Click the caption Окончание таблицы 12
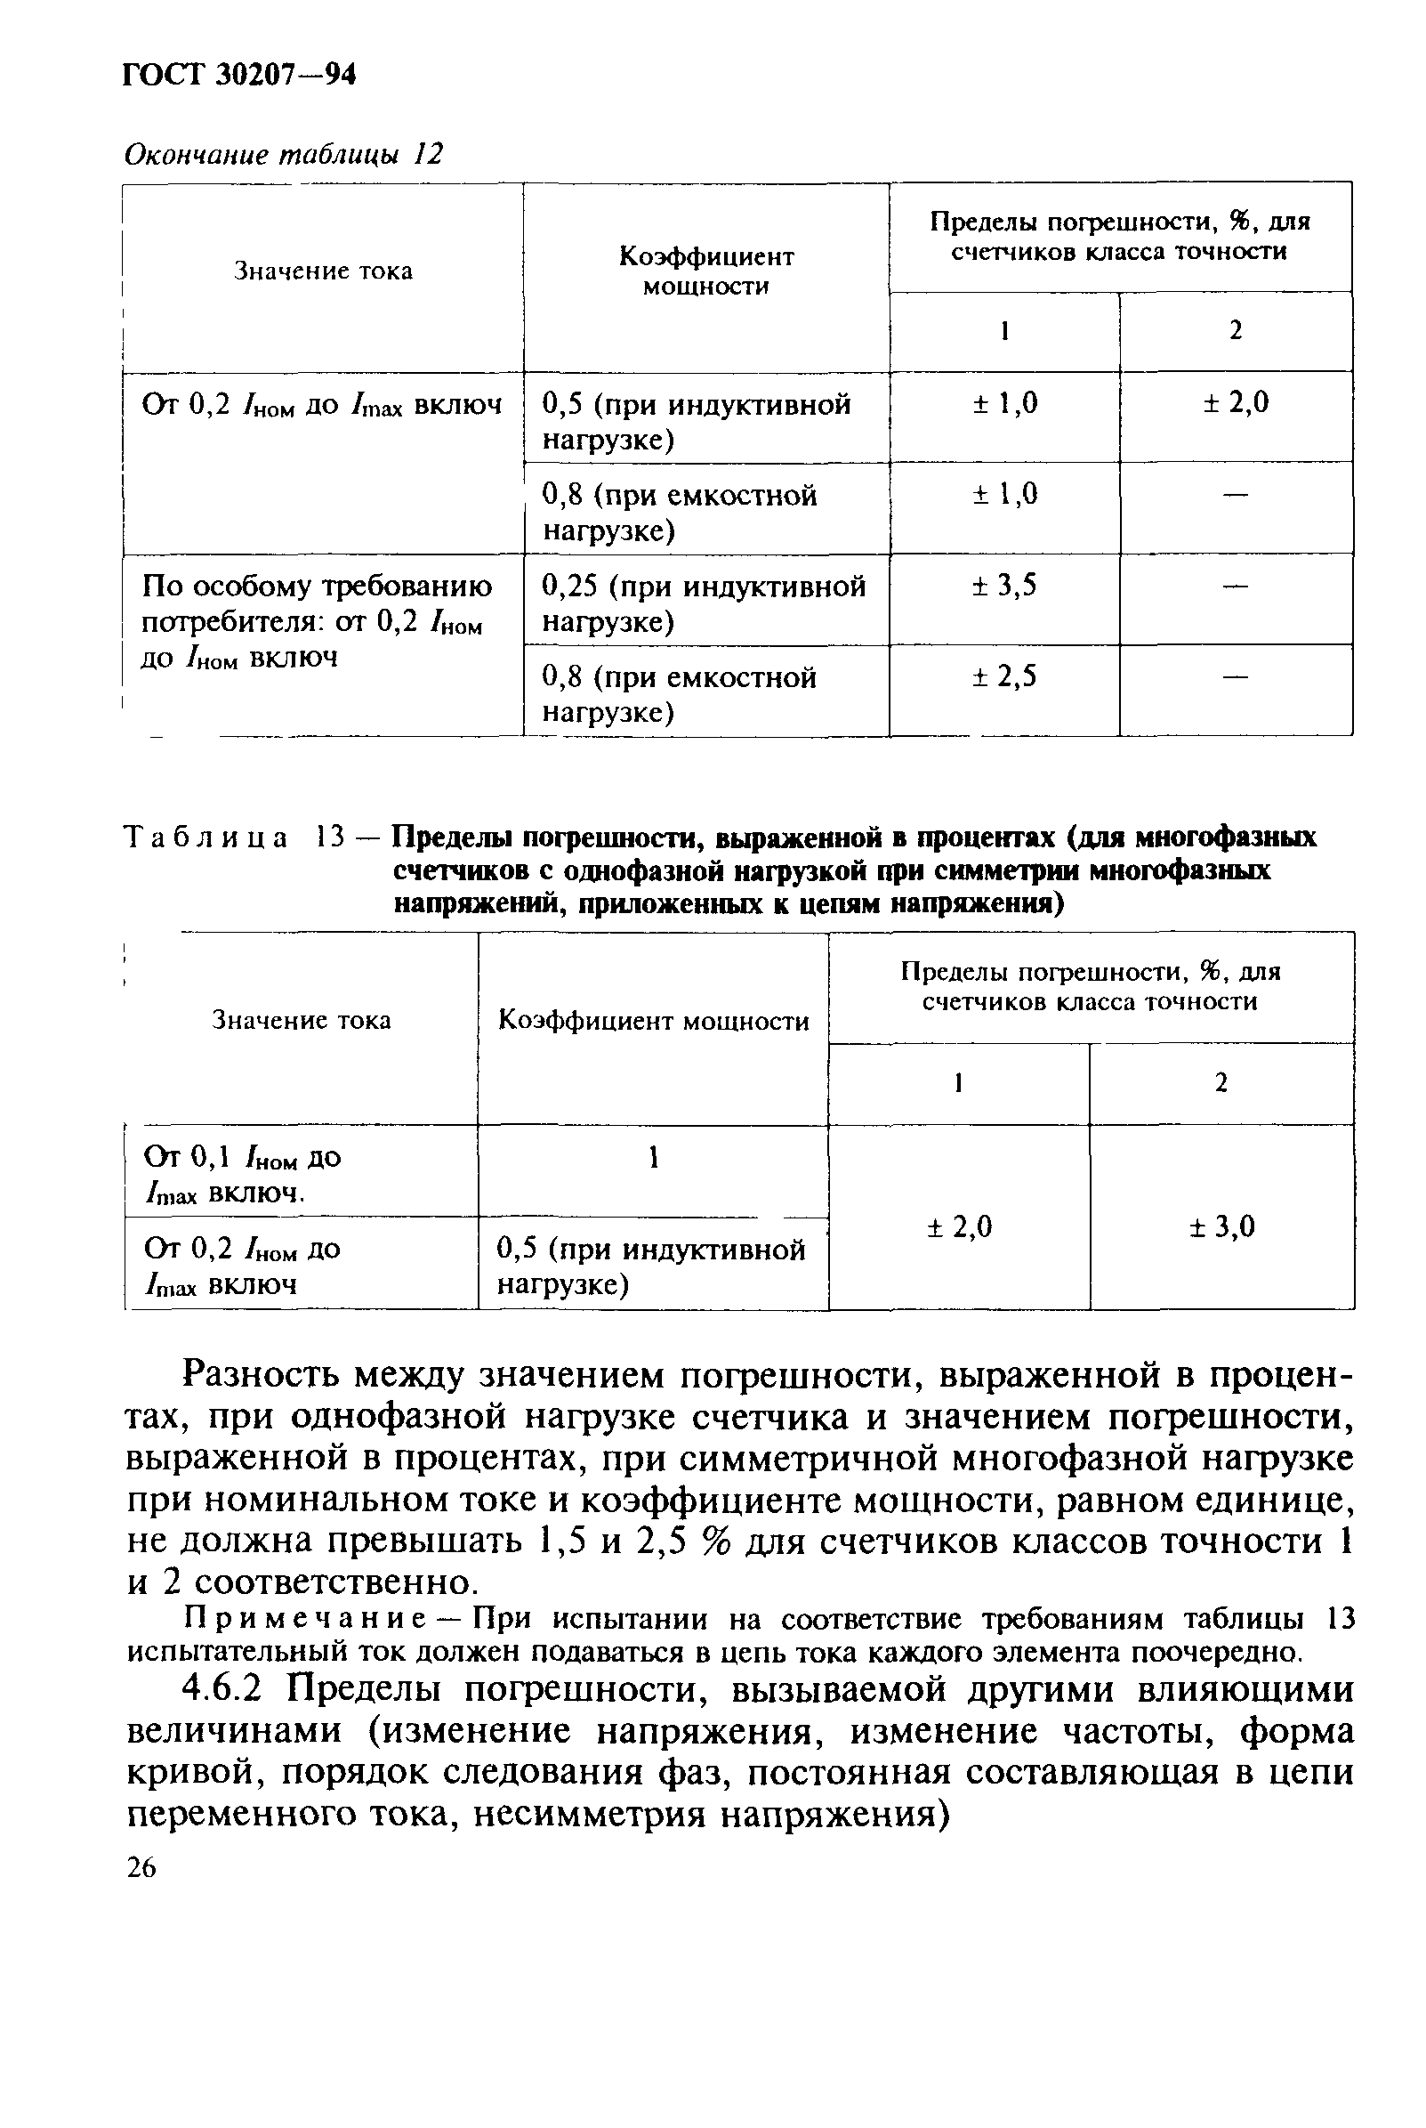pyautogui.click(x=283, y=154)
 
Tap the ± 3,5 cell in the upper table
pyautogui.click(x=1004, y=585)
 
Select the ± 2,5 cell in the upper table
pyautogui.click(x=1004, y=676)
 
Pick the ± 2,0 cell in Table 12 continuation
pyautogui.click(x=1235, y=403)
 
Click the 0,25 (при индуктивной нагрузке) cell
pyautogui.click(x=703, y=603)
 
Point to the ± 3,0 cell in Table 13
pyautogui.click(x=1221, y=1227)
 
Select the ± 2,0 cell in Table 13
pyautogui.click(x=959, y=1227)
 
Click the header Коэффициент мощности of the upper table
pyautogui.click(x=705, y=271)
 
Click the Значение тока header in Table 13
pyautogui.click(x=301, y=1020)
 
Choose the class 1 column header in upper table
pyautogui.click(x=1004, y=331)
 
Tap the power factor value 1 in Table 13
pyautogui.click(x=652, y=1157)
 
